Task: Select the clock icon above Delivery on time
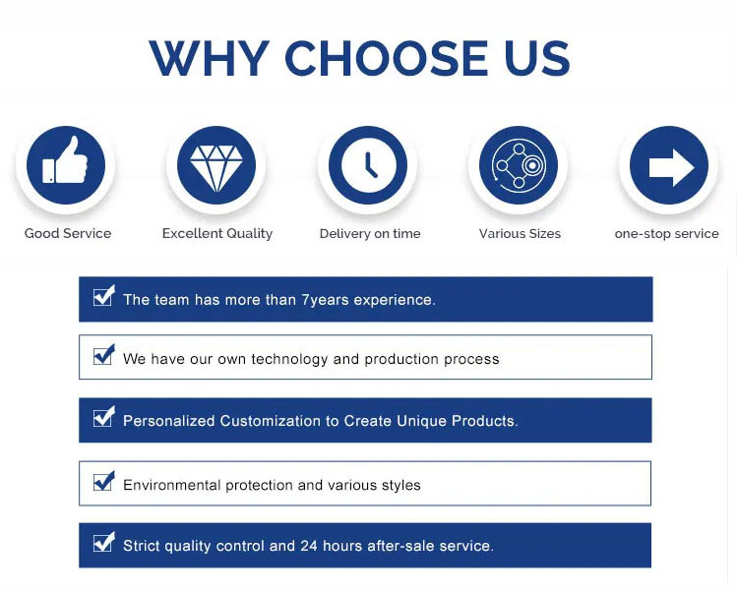[368, 165]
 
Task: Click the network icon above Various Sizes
[519, 165]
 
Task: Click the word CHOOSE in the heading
[387, 58]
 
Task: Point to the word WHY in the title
[210, 58]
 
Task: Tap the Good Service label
[68, 233]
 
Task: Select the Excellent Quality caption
[217, 233]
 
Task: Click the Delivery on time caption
[370, 233]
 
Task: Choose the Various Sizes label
[520, 233]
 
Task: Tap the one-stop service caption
[666, 233]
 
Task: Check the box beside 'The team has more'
[104, 296]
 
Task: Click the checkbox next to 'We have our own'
[104, 355]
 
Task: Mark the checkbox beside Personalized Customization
[104, 417]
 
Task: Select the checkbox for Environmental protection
[104, 481]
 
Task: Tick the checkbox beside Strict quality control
[104, 542]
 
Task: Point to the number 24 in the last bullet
[309, 546]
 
